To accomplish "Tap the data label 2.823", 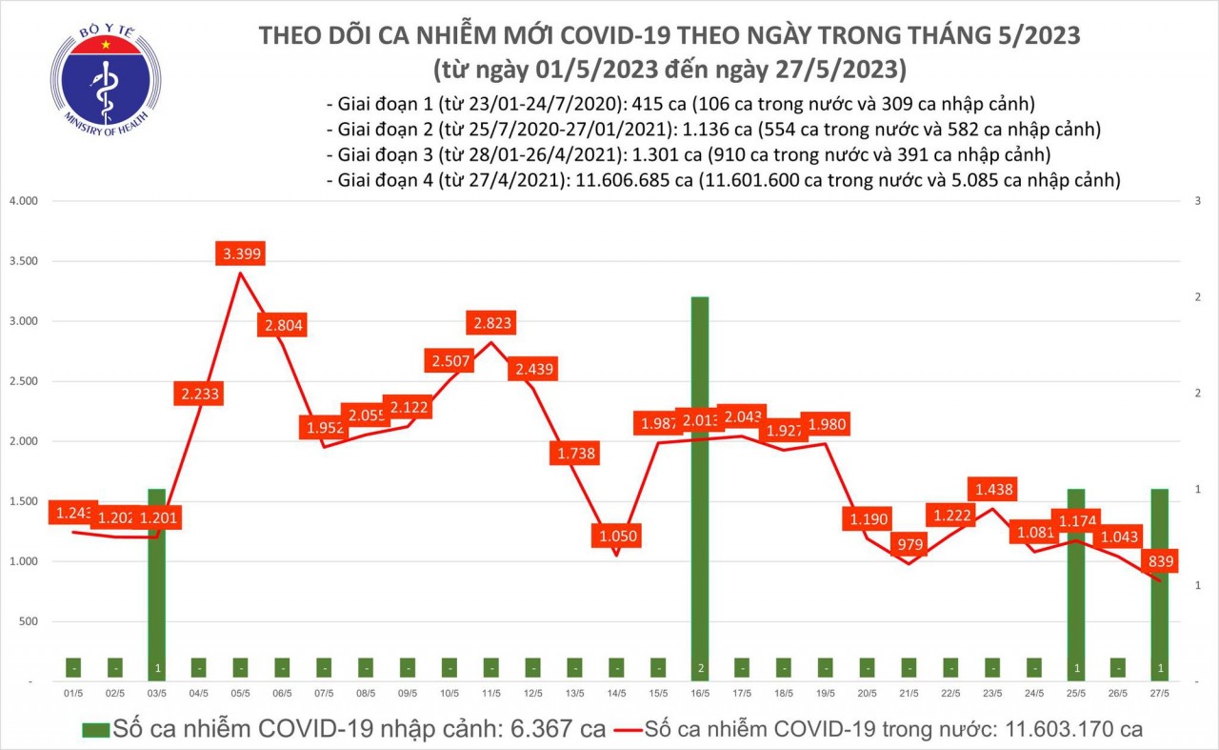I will tap(490, 323).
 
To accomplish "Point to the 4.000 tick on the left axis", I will tap(22, 201).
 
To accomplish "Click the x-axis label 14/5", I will tap(616, 694).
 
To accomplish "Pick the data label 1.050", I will tap(616, 537).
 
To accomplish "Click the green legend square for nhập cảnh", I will tap(95, 730).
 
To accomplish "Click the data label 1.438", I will tap(992, 490).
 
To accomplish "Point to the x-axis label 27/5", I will tap(1159, 694).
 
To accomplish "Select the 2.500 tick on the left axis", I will tap(22, 381).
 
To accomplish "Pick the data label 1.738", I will tap(574, 454).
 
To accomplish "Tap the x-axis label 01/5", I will tap(73, 694).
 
